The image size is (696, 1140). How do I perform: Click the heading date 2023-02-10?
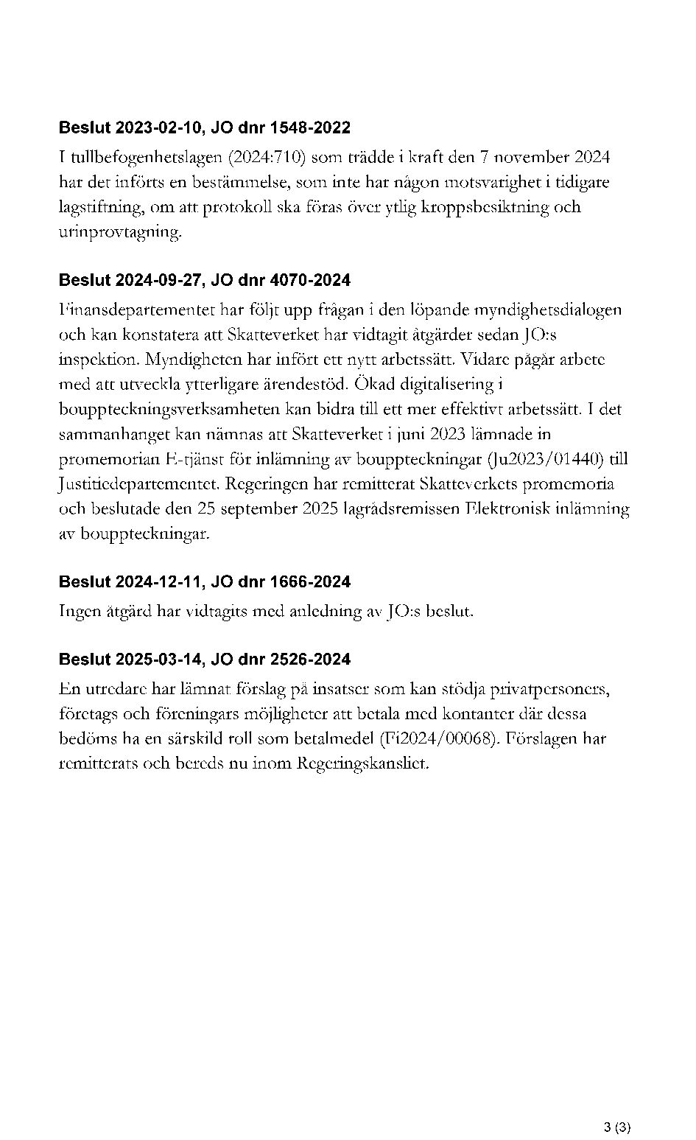pyautogui.click(x=158, y=127)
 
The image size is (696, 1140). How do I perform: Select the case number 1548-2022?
pyautogui.click(x=310, y=127)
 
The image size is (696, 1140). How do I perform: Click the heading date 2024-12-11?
pyautogui.click(x=158, y=582)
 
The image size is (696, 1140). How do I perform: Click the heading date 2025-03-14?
pyautogui.click(x=158, y=659)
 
